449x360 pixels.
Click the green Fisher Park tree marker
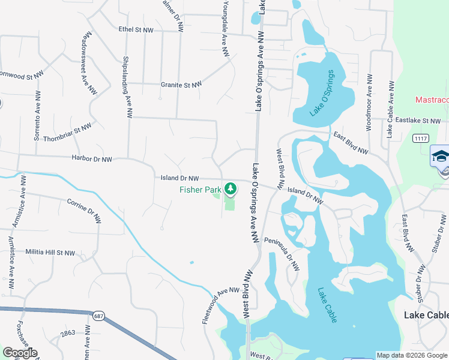231,189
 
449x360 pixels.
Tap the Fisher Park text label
200,190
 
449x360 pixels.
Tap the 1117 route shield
421,139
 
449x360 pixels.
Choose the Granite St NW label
181,85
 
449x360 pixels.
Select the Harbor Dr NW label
92,160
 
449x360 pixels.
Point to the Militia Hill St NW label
50,253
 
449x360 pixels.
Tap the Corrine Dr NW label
84,211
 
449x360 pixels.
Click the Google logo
20,353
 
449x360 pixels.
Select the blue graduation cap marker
440,157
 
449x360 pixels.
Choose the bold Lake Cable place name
426,316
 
